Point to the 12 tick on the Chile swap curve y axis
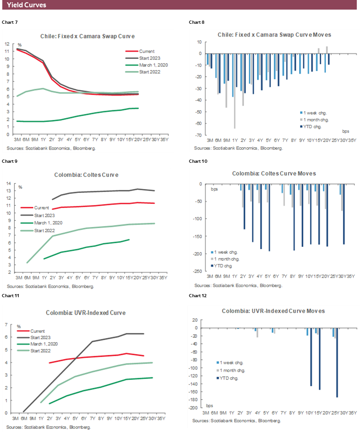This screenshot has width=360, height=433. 7,44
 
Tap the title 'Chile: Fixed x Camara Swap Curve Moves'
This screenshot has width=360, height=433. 274,35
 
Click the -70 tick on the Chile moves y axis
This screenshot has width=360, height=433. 200,135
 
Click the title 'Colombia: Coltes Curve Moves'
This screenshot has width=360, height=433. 274,173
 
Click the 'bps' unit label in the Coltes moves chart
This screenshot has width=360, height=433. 215,188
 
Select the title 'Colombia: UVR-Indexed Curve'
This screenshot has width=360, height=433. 86,313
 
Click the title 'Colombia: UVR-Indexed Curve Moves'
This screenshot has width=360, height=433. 273,311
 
